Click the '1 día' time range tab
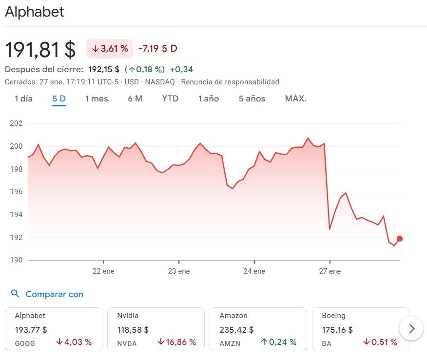[23, 99]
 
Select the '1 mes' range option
[97, 99]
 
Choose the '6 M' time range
[135, 99]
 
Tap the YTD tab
[170, 99]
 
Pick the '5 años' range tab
[252, 99]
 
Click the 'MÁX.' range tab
[296, 99]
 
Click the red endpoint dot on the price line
[400, 239]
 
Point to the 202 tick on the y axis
[17, 123]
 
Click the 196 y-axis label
[17, 192]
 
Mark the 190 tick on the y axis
[17, 260]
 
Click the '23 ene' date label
[178, 271]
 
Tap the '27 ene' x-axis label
[330, 271]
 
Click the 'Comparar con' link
[54, 294]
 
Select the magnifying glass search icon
[16, 294]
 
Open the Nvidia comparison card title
[128, 316]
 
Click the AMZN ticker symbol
[230, 343]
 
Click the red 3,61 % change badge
[110, 49]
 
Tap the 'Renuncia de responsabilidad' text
[230, 82]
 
